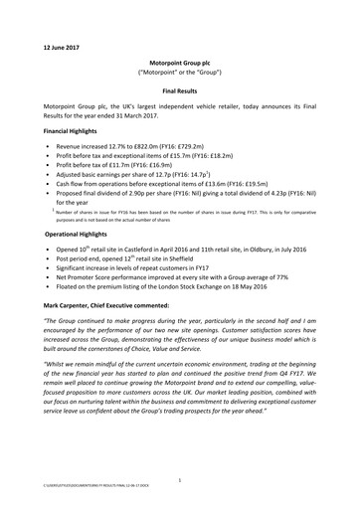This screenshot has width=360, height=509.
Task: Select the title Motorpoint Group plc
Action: tap(180, 62)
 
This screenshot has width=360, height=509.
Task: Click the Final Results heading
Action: tap(180, 87)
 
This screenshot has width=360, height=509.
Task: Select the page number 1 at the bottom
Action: tap(180, 481)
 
